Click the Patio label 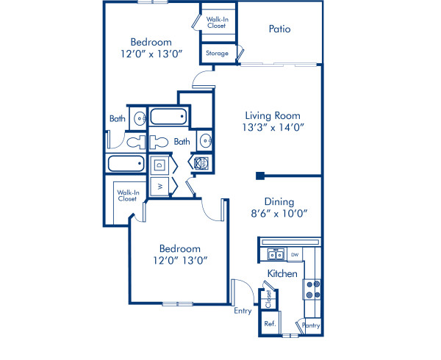pyautogui.click(x=279, y=29)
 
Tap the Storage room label pyautogui.click(x=217, y=54)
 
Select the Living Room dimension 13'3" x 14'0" pyautogui.click(x=273, y=127)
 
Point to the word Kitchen pyautogui.click(x=282, y=273)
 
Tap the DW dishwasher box pyautogui.click(x=294, y=255)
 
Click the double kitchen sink pyautogui.click(x=276, y=255)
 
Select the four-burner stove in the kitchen pyautogui.click(x=312, y=289)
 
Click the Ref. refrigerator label pyautogui.click(x=270, y=323)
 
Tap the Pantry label pyautogui.click(x=310, y=324)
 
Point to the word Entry pyautogui.click(x=243, y=311)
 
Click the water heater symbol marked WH pyautogui.click(x=201, y=163)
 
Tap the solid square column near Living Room pyautogui.click(x=260, y=176)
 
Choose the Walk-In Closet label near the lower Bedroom pyautogui.click(x=127, y=195)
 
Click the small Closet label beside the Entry pyautogui.click(x=269, y=299)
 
